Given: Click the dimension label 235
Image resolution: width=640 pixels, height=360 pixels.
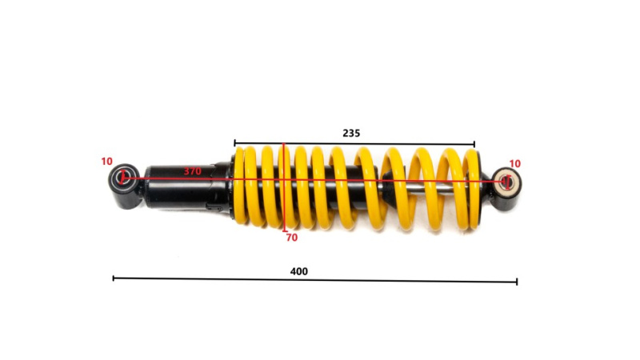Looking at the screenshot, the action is (x=351, y=133).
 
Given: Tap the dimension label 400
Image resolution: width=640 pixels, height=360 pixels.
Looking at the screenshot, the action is (x=298, y=271).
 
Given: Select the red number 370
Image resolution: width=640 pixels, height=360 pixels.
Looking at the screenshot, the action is (x=192, y=171).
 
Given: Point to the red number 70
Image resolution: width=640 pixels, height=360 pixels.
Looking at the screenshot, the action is (x=292, y=238).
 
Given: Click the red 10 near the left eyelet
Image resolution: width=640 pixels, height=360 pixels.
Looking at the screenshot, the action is (x=107, y=162).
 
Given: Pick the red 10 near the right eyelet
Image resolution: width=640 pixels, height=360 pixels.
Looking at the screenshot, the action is (x=515, y=164).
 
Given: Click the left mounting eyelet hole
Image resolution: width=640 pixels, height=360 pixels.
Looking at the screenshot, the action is (x=122, y=178).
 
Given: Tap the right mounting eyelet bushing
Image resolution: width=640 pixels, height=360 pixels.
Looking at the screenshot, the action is (x=506, y=181).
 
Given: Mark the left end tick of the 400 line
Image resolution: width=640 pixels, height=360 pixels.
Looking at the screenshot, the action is (x=114, y=278).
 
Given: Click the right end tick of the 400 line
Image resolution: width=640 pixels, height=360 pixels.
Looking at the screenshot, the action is (x=517, y=282).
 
